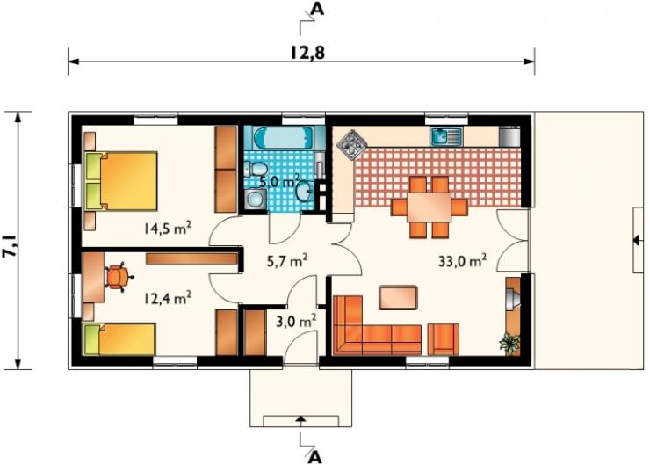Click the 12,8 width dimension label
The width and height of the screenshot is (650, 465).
(x=307, y=53)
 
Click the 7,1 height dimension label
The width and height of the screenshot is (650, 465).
(x=11, y=246)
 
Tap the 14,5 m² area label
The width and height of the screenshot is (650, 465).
(x=168, y=228)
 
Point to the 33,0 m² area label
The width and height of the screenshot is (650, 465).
(x=462, y=261)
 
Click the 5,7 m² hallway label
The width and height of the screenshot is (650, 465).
(x=287, y=261)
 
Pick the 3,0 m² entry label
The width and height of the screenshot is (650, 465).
(x=296, y=321)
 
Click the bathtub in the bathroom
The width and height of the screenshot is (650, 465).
(x=284, y=138)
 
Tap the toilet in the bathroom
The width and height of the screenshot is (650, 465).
(x=256, y=170)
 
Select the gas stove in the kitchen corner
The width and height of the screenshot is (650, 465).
(x=352, y=145)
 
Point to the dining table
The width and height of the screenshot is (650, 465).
(x=429, y=207)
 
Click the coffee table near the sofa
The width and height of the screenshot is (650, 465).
(x=398, y=297)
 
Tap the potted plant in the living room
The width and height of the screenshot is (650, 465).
(x=509, y=343)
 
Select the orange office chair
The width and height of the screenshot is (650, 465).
(x=119, y=277)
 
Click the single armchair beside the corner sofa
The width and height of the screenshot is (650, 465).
(x=444, y=339)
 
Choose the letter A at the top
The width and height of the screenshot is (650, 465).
(x=317, y=8)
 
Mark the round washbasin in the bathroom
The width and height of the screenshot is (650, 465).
(x=305, y=191)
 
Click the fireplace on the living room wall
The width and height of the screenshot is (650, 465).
(x=513, y=298)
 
